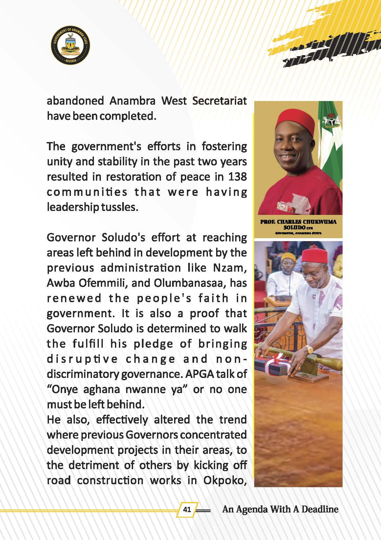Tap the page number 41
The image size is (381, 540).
187,509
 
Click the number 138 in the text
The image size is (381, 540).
237,177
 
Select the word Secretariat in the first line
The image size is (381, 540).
219,101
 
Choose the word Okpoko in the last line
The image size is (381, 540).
225,480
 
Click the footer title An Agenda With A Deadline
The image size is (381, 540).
280,509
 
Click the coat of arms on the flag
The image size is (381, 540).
331,122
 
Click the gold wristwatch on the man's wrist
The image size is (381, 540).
309,349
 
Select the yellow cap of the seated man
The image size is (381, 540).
288,257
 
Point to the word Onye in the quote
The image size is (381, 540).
65,389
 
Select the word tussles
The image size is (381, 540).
119,207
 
